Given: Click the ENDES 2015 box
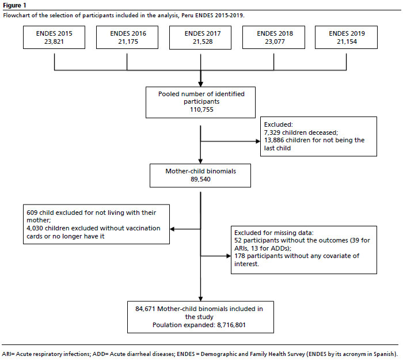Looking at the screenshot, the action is pyautogui.click(x=54, y=37).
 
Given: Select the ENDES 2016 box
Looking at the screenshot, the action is pyautogui.click(x=127, y=37).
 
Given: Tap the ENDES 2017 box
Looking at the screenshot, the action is pyautogui.click(x=200, y=37).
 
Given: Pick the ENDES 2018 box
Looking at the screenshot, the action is pyautogui.click(x=273, y=37).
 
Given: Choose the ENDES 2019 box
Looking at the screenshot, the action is pyautogui.click(x=346, y=37).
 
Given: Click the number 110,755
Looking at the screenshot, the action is pyautogui.click(x=201, y=109).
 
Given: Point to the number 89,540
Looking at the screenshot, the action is pyautogui.click(x=200, y=179).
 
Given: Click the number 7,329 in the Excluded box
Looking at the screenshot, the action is pyautogui.click(x=272, y=132).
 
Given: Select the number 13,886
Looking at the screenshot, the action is pyautogui.click(x=274, y=141).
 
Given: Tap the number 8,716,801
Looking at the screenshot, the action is pyautogui.click(x=231, y=325).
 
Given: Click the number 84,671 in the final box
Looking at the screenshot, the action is pyautogui.click(x=145, y=309).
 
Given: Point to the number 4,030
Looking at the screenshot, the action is pyautogui.click(x=35, y=228).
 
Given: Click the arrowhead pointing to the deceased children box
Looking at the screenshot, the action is pyautogui.click(x=258, y=141).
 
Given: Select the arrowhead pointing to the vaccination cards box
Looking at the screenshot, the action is pyautogui.click(x=172, y=229).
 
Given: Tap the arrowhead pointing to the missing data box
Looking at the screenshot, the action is pyautogui.click(x=229, y=256).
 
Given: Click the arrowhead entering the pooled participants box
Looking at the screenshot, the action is pyautogui.click(x=200, y=84).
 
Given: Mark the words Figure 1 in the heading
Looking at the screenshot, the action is pyautogui.click(x=14, y=5).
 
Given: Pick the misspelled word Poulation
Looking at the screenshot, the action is pyautogui.click(x=165, y=325).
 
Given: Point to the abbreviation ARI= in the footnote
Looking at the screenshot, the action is pyautogui.click(x=8, y=354).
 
